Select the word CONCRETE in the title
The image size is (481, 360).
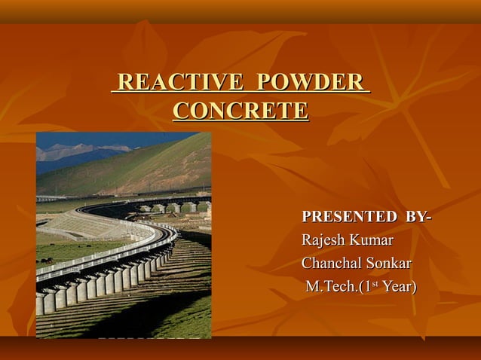pyautogui.click(x=240, y=111)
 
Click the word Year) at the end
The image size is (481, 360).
pyautogui.click(x=400, y=287)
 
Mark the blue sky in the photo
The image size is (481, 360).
pyautogui.click(x=113, y=138)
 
